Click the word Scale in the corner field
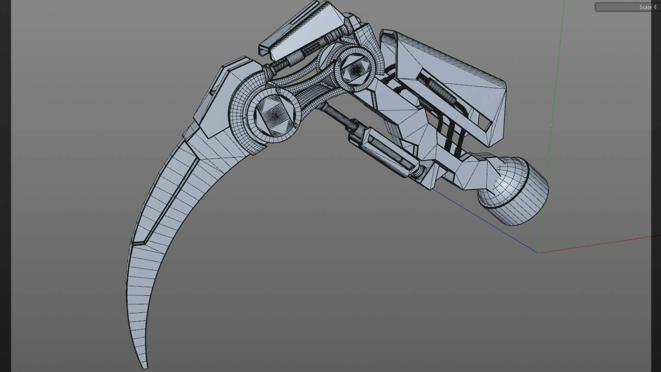pyautogui.click(x=645, y=7)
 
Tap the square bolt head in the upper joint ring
pyautogui.click(x=354, y=71)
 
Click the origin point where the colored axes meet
pyautogui.click(x=538, y=252)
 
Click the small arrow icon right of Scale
pyautogui.click(x=655, y=7)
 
